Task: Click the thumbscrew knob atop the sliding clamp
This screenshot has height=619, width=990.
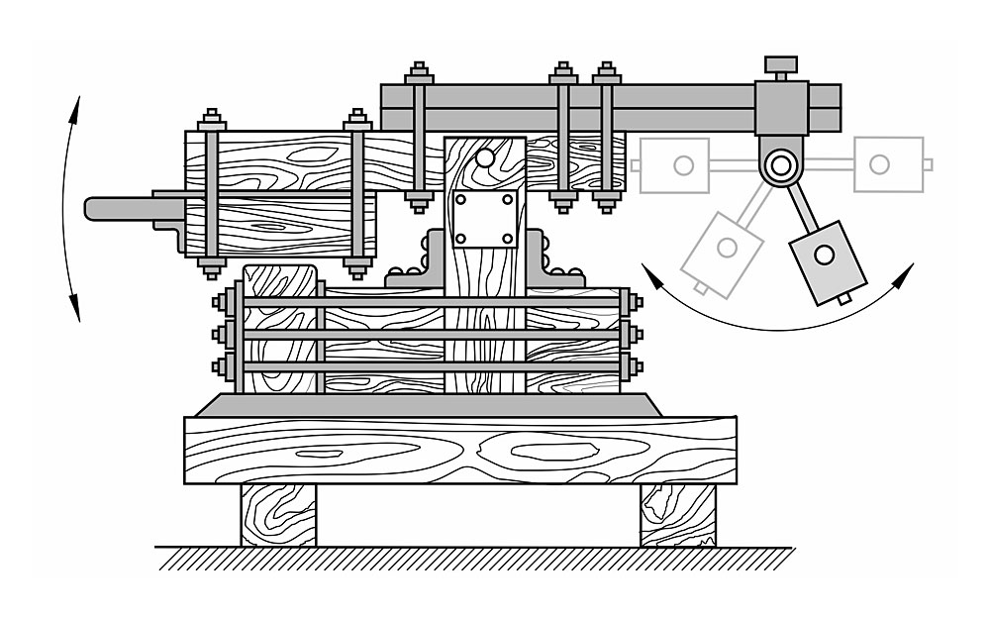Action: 780,64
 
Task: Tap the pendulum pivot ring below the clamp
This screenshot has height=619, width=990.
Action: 781,163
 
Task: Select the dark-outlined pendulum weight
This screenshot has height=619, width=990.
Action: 826,260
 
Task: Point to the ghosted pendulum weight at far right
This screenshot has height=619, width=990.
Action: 888,163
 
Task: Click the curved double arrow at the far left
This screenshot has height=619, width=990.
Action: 69,208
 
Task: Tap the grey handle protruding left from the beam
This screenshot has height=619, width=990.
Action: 119,208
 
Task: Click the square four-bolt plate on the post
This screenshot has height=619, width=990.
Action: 484,219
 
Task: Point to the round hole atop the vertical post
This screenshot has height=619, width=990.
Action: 484,156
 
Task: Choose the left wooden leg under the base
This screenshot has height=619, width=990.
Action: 278,515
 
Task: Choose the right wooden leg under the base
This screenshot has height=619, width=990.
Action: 677,515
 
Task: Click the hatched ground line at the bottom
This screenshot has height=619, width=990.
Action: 475,559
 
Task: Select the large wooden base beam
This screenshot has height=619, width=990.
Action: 460,451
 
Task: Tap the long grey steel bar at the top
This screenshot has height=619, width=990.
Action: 594,107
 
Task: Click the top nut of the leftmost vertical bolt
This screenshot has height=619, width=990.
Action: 211,120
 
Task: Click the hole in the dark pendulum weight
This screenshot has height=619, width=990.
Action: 824,256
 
